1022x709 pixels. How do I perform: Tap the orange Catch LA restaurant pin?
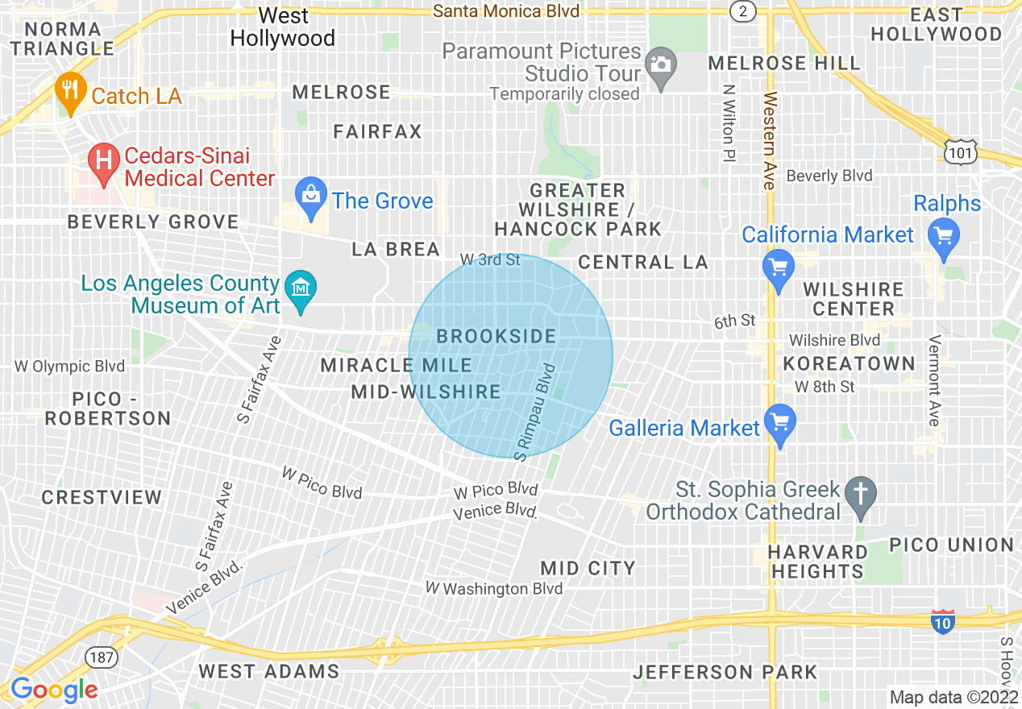70,93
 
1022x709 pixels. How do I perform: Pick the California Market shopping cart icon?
778,269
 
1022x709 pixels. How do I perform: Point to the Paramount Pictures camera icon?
661,64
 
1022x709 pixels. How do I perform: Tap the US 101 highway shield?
962,151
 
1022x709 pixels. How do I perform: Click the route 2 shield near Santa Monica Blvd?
741,10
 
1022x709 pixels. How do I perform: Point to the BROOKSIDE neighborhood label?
496,336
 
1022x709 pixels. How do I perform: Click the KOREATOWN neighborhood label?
849,363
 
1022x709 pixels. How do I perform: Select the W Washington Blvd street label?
494,589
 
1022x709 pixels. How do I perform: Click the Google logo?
54,690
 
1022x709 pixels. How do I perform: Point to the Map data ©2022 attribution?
953,697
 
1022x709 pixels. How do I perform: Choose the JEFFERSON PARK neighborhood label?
725,671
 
